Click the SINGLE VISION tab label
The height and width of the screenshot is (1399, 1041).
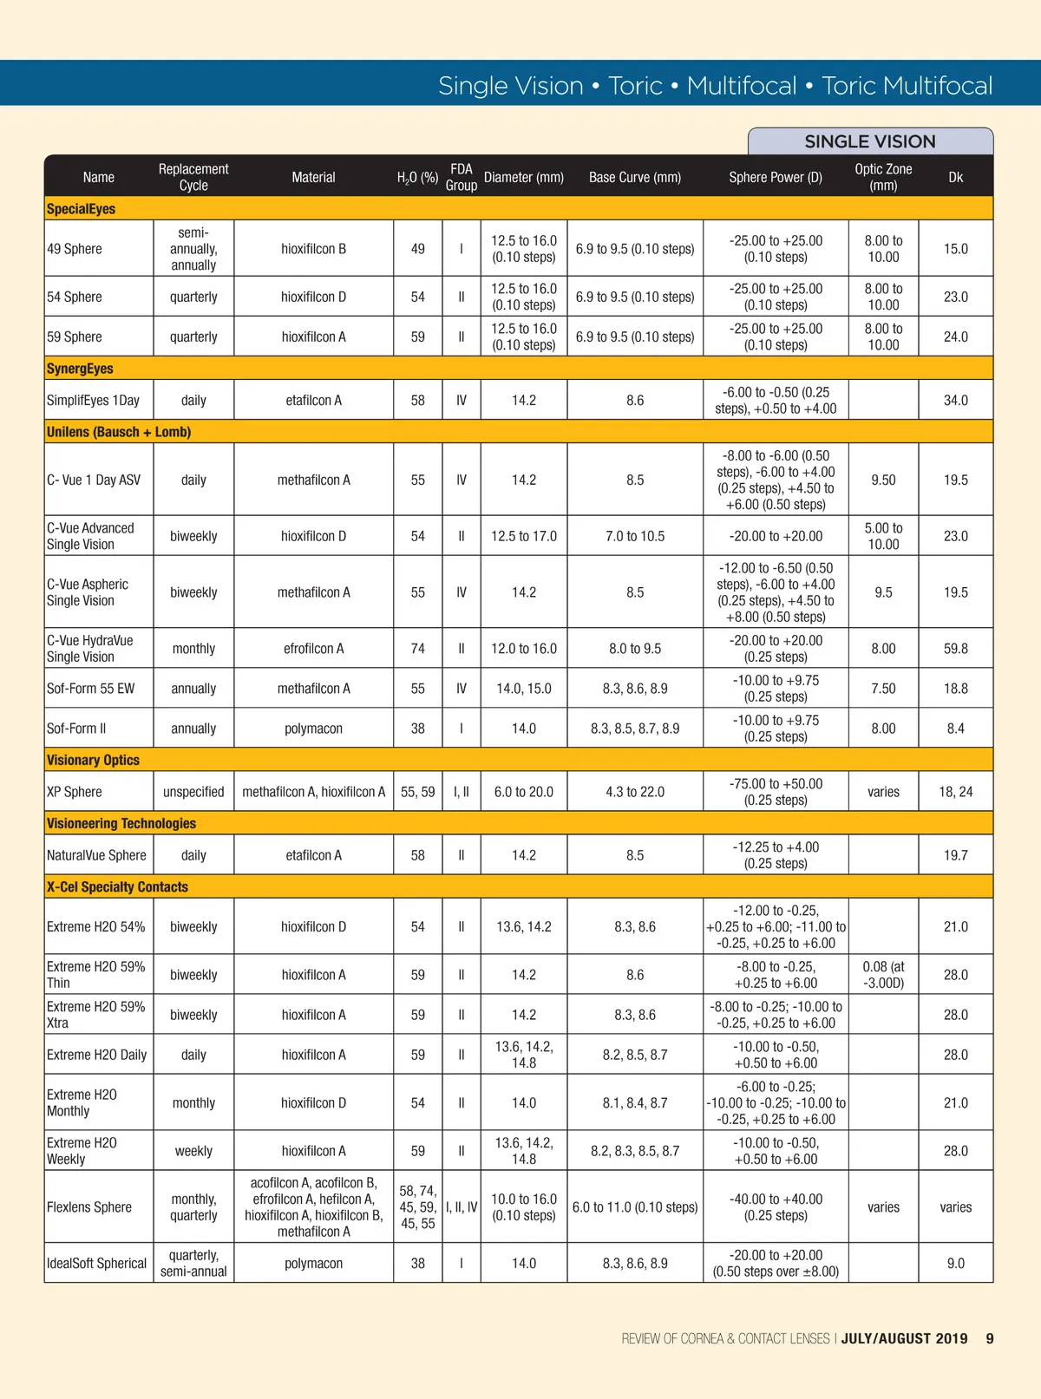point(869,141)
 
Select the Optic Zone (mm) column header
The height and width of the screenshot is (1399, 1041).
point(883,177)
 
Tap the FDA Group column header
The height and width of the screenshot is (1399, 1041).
point(461,177)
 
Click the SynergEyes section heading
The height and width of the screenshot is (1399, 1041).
point(80,369)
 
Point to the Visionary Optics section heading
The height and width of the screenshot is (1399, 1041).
point(93,760)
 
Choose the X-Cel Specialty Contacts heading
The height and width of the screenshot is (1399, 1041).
point(117,886)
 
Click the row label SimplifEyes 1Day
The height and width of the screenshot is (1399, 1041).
point(93,400)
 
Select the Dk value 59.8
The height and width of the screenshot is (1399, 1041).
point(955,648)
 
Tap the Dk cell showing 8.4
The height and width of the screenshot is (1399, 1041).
point(955,729)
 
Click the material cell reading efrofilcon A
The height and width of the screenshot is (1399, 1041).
point(313,648)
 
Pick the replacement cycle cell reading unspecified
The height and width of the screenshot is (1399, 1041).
point(193,792)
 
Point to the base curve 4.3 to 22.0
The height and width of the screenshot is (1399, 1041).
point(635,792)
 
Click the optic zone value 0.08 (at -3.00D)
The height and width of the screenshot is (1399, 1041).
point(883,975)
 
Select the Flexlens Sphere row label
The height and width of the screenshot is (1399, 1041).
point(89,1206)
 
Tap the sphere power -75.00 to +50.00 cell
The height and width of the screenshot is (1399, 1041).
point(776,792)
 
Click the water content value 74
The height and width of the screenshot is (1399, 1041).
point(417,648)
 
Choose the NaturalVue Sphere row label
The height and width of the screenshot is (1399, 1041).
point(96,855)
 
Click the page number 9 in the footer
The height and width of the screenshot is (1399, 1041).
point(990,1338)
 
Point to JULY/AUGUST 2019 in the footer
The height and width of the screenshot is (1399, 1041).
point(904,1338)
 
